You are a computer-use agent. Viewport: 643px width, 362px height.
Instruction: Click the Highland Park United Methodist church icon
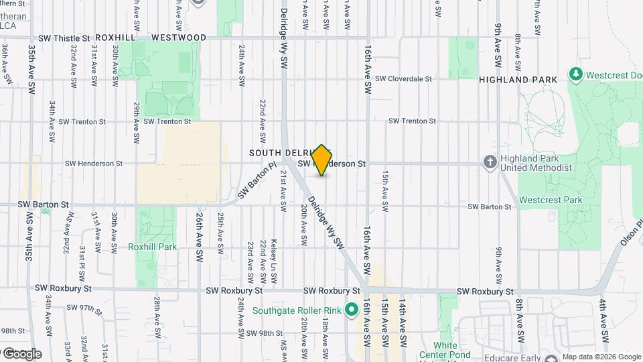[x=490, y=162]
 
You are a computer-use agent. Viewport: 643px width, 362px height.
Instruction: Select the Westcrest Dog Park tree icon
[x=574, y=72]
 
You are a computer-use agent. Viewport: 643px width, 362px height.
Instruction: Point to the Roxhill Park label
[x=152, y=247]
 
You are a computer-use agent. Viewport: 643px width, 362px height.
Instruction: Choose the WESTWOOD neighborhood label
[x=179, y=38]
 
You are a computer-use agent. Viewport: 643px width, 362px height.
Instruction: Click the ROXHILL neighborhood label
[x=115, y=38]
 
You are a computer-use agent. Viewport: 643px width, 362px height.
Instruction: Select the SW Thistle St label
[x=64, y=38]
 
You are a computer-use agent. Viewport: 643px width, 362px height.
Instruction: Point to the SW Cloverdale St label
[x=403, y=78]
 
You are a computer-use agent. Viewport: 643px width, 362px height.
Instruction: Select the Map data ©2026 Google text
[x=601, y=357]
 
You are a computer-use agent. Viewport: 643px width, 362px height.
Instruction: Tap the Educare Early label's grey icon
[x=551, y=358]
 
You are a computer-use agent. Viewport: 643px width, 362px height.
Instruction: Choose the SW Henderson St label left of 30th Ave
[x=94, y=163]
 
